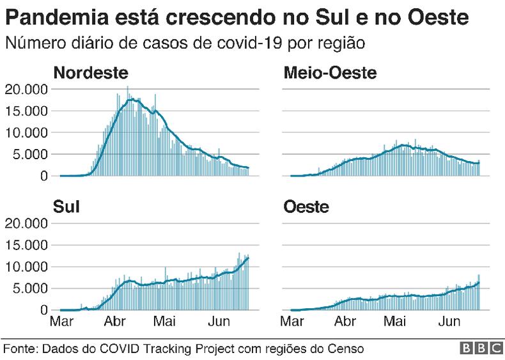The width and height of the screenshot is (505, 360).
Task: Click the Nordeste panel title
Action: click(90, 73)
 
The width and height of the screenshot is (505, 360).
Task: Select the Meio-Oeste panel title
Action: click(330, 73)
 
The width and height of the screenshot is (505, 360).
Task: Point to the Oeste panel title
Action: click(306, 207)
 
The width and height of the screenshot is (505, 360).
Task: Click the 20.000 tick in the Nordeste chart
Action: click(26, 89)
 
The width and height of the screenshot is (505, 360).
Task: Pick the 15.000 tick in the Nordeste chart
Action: click(26, 111)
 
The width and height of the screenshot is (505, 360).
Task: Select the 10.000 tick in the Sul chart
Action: click(26, 267)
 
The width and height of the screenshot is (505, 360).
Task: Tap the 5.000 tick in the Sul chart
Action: click(29, 288)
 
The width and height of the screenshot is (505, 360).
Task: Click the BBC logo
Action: click(479, 348)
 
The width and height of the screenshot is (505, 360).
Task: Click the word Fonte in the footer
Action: click(20, 348)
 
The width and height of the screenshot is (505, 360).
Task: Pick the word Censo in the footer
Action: click(347, 348)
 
